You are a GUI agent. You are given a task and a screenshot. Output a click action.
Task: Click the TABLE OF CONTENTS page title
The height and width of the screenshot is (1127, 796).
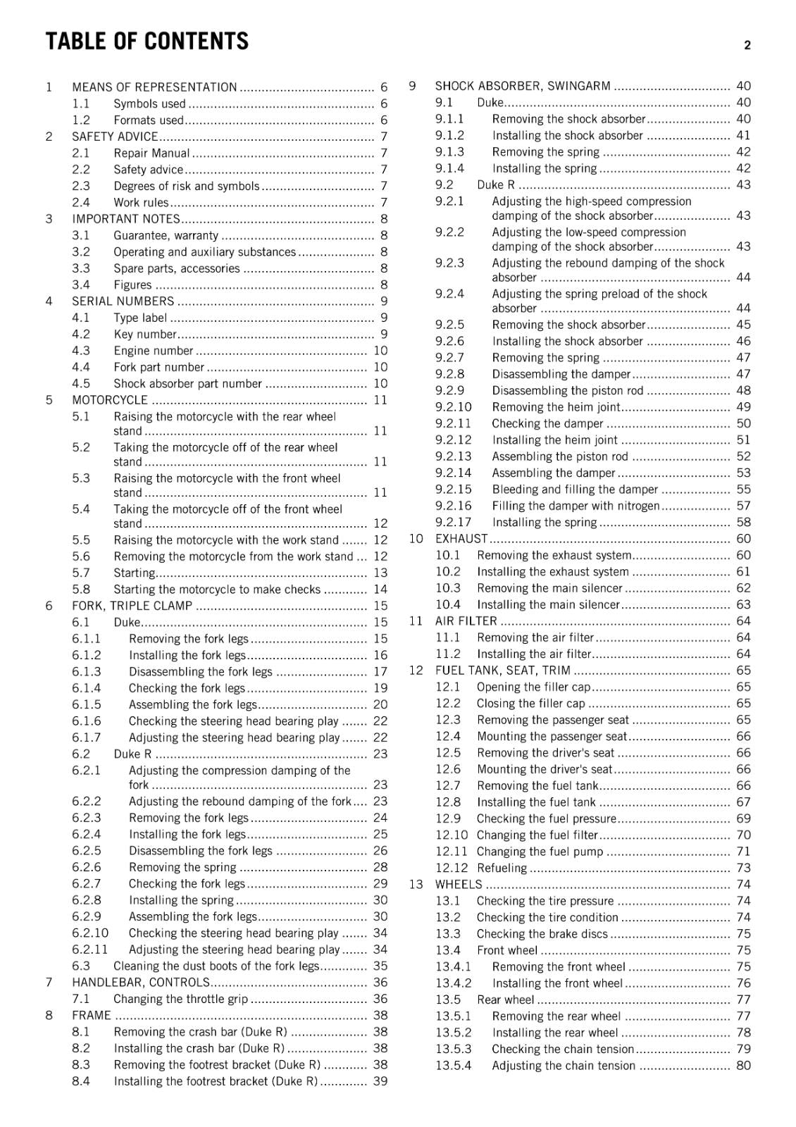tap(147, 42)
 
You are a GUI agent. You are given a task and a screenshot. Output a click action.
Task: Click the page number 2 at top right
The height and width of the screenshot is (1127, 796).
tap(747, 46)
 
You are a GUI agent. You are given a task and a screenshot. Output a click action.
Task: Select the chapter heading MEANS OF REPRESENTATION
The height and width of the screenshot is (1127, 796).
tap(154, 87)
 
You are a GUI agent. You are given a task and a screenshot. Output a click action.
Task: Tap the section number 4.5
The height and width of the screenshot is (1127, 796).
tap(81, 384)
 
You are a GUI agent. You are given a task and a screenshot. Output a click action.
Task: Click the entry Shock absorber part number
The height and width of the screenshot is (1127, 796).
tap(187, 384)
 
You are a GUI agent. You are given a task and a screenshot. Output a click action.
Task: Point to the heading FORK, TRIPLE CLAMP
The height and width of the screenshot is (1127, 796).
tap(132, 606)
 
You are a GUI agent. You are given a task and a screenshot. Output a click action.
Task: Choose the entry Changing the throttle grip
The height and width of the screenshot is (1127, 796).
tap(180, 999)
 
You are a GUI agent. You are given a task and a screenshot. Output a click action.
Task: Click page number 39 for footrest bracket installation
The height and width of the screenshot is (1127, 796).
tap(380, 1081)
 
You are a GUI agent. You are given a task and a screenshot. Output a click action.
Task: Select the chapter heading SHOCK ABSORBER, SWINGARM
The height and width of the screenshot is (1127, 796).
tap(523, 86)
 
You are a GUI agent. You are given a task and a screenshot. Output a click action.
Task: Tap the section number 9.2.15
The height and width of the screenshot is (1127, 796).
tap(453, 490)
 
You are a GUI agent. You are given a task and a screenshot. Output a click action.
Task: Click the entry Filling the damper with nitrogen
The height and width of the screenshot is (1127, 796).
tap(576, 506)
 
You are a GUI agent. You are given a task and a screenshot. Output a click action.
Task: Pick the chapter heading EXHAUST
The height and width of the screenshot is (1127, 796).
tap(461, 539)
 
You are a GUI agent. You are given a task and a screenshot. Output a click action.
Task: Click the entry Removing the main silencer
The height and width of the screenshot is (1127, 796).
tap(549, 588)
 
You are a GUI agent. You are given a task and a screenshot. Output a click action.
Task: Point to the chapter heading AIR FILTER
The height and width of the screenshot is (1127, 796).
tap(466, 621)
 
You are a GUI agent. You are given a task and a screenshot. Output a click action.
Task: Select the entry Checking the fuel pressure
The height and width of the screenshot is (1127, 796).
tap(546, 818)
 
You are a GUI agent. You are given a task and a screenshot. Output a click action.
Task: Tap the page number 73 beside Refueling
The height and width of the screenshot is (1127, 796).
tap(743, 868)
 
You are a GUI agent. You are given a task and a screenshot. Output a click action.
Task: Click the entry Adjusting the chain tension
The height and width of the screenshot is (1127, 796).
tap(564, 1066)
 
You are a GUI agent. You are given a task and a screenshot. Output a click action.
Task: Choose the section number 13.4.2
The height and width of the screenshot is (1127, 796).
tap(453, 983)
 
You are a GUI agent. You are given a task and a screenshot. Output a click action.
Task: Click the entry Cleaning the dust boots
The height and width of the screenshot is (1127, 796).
tap(216, 966)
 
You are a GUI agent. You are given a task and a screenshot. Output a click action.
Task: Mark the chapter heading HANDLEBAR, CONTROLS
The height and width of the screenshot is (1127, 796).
tap(141, 983)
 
